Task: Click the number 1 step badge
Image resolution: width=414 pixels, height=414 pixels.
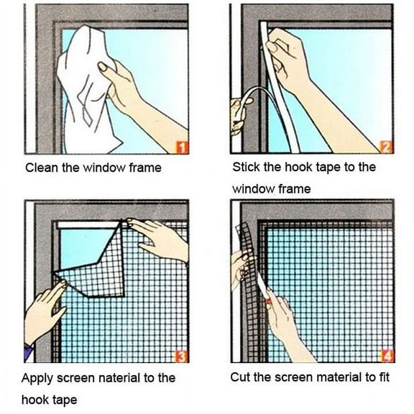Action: pos(182,148)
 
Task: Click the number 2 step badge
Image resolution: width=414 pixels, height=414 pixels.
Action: pos(386,147)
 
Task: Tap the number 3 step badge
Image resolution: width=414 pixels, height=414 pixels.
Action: pos(182,355)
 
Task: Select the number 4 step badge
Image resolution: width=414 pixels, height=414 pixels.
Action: pos(387,355)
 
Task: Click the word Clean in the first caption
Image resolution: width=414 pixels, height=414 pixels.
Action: pos(40,168)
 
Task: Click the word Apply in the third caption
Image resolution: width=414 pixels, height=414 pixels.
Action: pos(37,377)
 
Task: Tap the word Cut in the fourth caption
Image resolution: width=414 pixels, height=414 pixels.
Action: pos(240,377)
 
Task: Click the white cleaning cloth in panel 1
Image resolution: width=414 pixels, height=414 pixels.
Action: pos(83,86)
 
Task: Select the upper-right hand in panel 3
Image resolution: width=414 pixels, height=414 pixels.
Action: pos(162,237)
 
